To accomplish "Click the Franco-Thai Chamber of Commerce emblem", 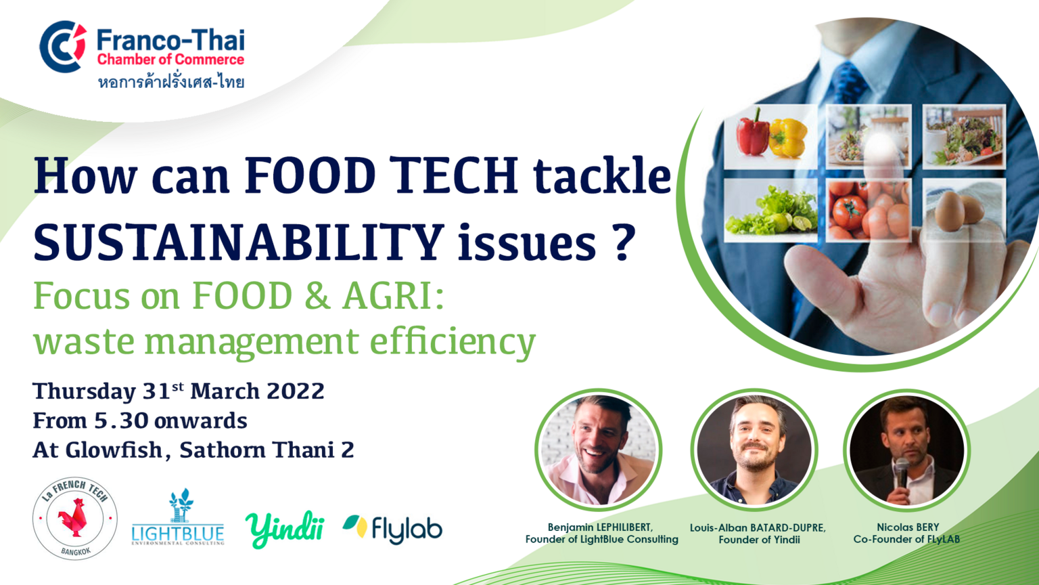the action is click(x=63, y=47).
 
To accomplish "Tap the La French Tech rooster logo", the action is click(x=74, y=518).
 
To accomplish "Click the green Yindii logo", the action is click(x=285, y=529).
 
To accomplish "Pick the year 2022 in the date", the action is click(x=296, y=391).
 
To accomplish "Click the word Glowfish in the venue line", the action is click(x=114, y=450).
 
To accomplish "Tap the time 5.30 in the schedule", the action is click(x=121, y=420).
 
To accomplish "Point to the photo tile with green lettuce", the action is click(x=771, y=210).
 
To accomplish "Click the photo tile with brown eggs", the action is click(x=965, y=210).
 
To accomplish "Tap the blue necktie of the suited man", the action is click(x=848, y=83).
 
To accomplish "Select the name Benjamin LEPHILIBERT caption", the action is click(x=600, y=527).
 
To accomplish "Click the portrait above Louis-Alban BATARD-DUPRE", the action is click(x=754, y=450).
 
